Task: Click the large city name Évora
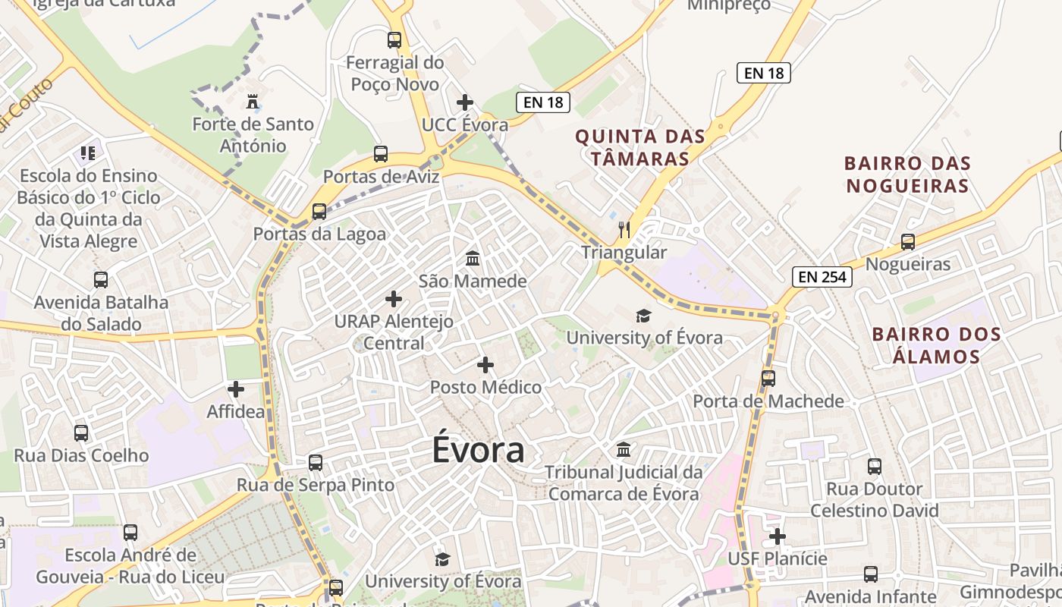tap(478, 449)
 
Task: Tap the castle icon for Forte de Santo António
tap(252, 102)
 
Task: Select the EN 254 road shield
tap(822, 277)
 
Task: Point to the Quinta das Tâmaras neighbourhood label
tap(640, 148)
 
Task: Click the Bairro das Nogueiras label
tap(907, 175)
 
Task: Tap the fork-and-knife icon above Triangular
tap(624, 230)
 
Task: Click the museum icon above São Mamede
tap(473, 259)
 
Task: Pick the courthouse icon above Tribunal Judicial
tap(624, 449)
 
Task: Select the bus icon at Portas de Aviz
tap(381, 154)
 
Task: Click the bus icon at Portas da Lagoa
tap(319, 211)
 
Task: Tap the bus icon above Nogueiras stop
tap(908, 242)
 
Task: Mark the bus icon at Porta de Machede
tap(768, 378)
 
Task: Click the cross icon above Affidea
tap(236, 389)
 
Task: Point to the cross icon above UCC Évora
tap(465, 102)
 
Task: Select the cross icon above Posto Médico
tap(485, 365)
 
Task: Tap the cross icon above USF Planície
tap(778, 536)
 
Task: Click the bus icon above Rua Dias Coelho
tap(81, 433)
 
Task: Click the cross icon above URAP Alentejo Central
tap(394, 299)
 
